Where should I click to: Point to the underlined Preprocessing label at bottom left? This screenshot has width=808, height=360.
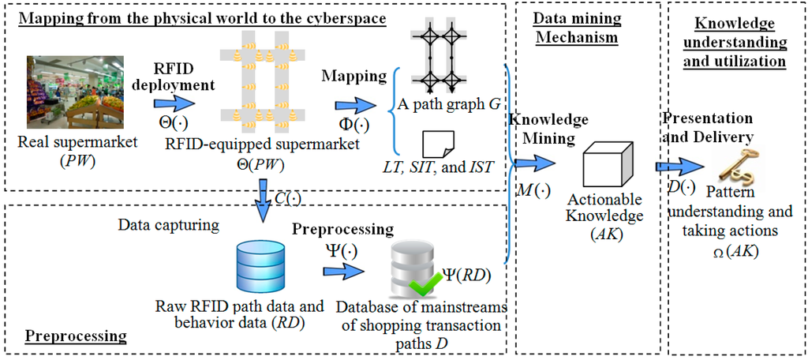point(76,336)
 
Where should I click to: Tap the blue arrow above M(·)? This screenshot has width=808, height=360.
point(535,163)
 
